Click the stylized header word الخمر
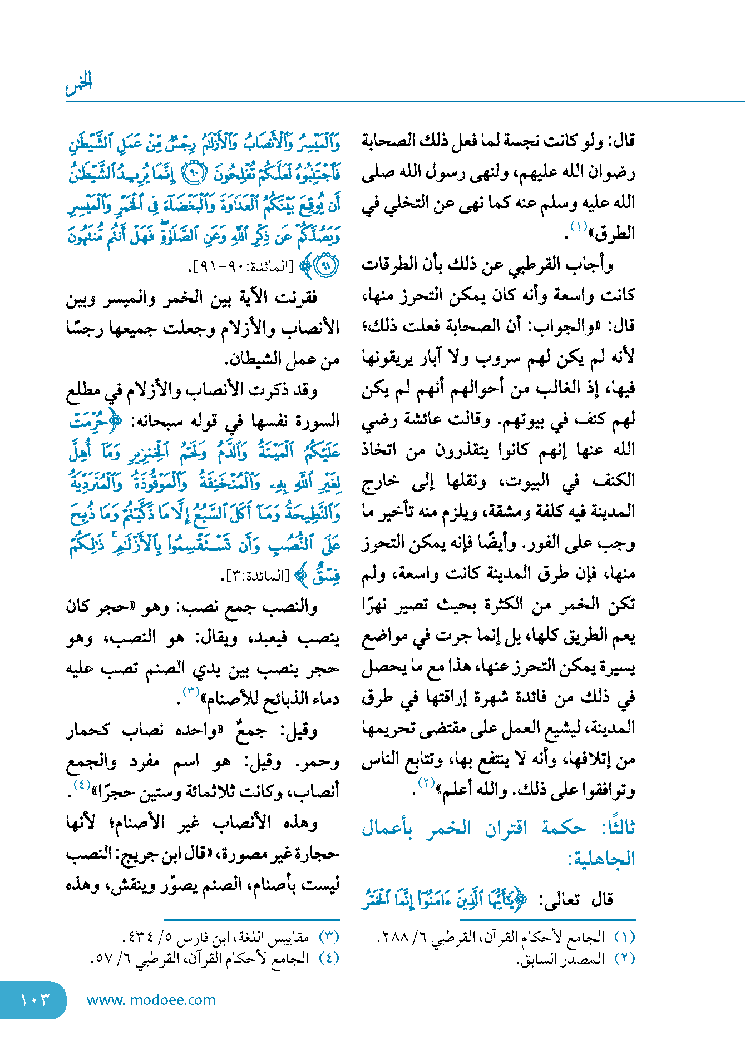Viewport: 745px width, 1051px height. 78,84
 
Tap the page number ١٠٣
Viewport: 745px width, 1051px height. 34,999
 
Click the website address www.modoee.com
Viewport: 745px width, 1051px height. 151,1000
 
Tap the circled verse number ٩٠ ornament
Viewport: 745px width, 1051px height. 194,174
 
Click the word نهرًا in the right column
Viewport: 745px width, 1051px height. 377,604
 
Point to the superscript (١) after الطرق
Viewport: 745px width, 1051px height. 579,227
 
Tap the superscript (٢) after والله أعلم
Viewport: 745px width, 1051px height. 426,783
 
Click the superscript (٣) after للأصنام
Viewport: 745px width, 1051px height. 191,692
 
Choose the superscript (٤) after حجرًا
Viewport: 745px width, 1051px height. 82,785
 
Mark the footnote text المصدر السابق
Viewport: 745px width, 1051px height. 562,959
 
